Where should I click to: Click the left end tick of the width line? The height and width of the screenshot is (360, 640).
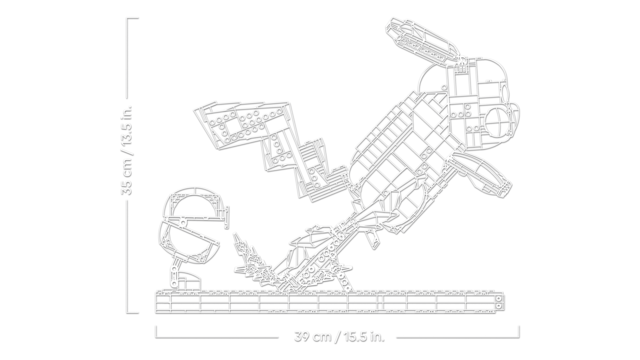pyautogui.click(x=156, y=332)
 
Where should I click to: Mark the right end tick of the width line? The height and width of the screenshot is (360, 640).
pyautogui.click(x=519, y=332)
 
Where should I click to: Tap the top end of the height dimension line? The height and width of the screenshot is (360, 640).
pyautogui.click(x=133, y=19)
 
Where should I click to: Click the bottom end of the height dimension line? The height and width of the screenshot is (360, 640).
pyautogui.click(x=133, y=313)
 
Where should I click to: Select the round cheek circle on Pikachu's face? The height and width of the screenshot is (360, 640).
pyautogui.click(x=498, y=121)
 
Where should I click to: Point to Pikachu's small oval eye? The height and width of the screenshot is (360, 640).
pyautogui.click(x=505, y=94)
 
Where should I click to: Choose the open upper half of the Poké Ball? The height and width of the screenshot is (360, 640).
pyautogui.click(x=195, y=203)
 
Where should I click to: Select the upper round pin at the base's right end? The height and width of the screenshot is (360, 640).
pyautogui.click(x=498, y=299)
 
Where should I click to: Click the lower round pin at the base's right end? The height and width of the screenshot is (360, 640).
pyautogui.click(x=498, y=306)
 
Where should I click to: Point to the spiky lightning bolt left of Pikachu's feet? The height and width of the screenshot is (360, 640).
pyautogui.click(x=252, y=261)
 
